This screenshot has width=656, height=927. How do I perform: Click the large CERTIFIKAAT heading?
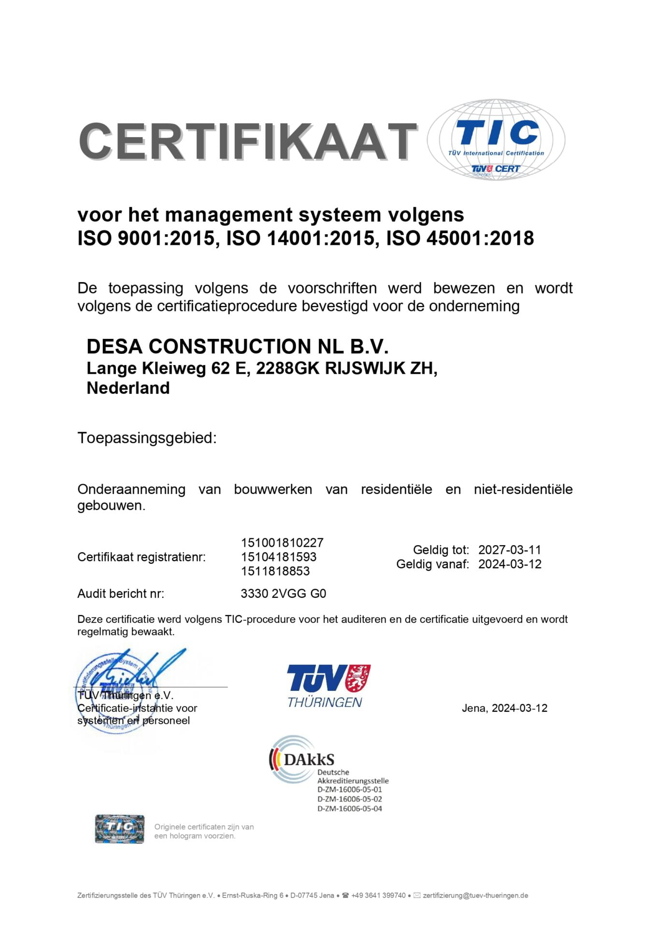pos(247,141)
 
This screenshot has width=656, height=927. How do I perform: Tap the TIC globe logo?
pos(496,140)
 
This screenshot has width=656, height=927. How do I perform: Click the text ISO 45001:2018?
pos(460,239)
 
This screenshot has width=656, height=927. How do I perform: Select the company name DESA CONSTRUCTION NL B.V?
pos(237,347)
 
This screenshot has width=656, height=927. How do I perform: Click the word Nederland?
pos(128,388)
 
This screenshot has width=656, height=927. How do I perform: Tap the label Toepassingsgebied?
pos(147,438)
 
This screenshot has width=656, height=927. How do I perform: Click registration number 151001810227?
pos(282,543)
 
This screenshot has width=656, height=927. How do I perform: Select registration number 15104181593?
pos(279,557)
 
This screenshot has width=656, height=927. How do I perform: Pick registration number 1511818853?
pos(275,571)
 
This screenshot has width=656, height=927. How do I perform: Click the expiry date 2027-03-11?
pos(510,550)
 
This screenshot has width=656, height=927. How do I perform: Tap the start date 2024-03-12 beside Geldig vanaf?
pos(510,564)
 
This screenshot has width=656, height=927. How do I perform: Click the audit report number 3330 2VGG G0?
pos(283,593)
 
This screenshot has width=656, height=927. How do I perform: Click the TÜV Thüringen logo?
pos(328,686)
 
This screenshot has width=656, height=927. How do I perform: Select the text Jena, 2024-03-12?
pos(504,708)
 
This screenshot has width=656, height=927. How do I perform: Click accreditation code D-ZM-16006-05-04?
pos(349,809)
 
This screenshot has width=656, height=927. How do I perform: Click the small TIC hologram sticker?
pos(119,829)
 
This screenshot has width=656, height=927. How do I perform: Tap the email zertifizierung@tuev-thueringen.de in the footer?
pos(475,896)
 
